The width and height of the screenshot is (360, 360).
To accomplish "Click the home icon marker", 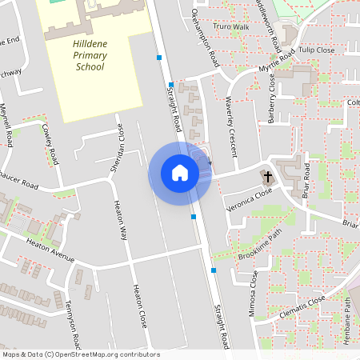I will pos(179,173).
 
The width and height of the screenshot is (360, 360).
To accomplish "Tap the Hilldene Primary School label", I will pos(90,57).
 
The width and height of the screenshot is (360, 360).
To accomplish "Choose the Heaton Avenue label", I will pos(50,249).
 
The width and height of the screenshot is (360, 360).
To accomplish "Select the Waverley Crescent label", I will pos(232,118).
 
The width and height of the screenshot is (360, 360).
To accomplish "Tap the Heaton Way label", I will pos(121,222).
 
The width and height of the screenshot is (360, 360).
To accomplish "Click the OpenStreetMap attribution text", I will pos(80,354).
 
